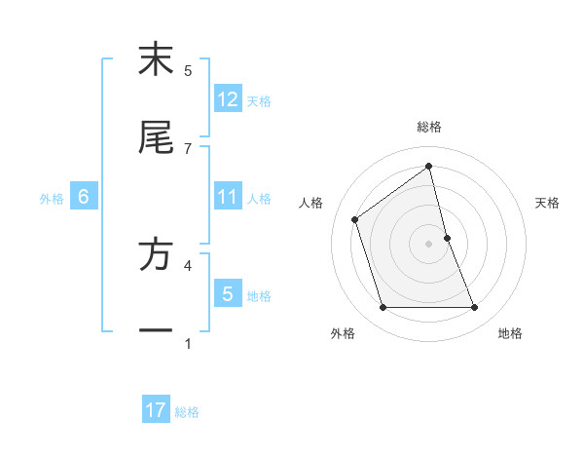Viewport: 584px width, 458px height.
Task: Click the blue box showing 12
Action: [228, 98]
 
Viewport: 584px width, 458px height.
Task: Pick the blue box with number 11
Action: [228, 197]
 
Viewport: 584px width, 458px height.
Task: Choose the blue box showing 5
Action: [228, 293]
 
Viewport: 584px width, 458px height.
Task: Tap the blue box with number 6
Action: [84, 197]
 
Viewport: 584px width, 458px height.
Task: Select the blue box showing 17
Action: [156, 410]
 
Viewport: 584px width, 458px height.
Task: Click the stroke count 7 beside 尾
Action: [188, 148]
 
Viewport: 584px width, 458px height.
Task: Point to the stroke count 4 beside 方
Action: [188, 264]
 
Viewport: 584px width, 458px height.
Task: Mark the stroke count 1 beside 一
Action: [188, 343]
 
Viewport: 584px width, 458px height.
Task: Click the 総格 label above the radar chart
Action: [429, 127]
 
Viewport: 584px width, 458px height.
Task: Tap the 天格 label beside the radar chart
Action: [547, 203]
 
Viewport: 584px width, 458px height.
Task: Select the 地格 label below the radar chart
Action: [510, 333]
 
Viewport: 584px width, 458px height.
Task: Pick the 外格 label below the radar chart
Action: [343, 333]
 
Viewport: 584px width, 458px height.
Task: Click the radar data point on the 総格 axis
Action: [429, 166]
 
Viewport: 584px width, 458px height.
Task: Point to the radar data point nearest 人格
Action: [355, 219]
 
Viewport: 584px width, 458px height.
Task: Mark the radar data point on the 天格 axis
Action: [447, 238]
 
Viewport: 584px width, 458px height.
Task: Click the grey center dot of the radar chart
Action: [429, 244]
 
